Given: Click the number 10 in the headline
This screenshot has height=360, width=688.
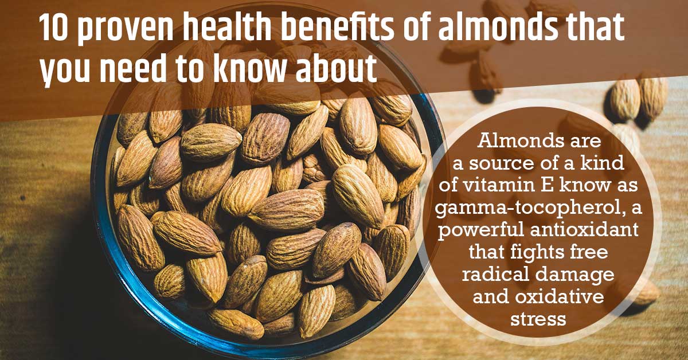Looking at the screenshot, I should [53, 30].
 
